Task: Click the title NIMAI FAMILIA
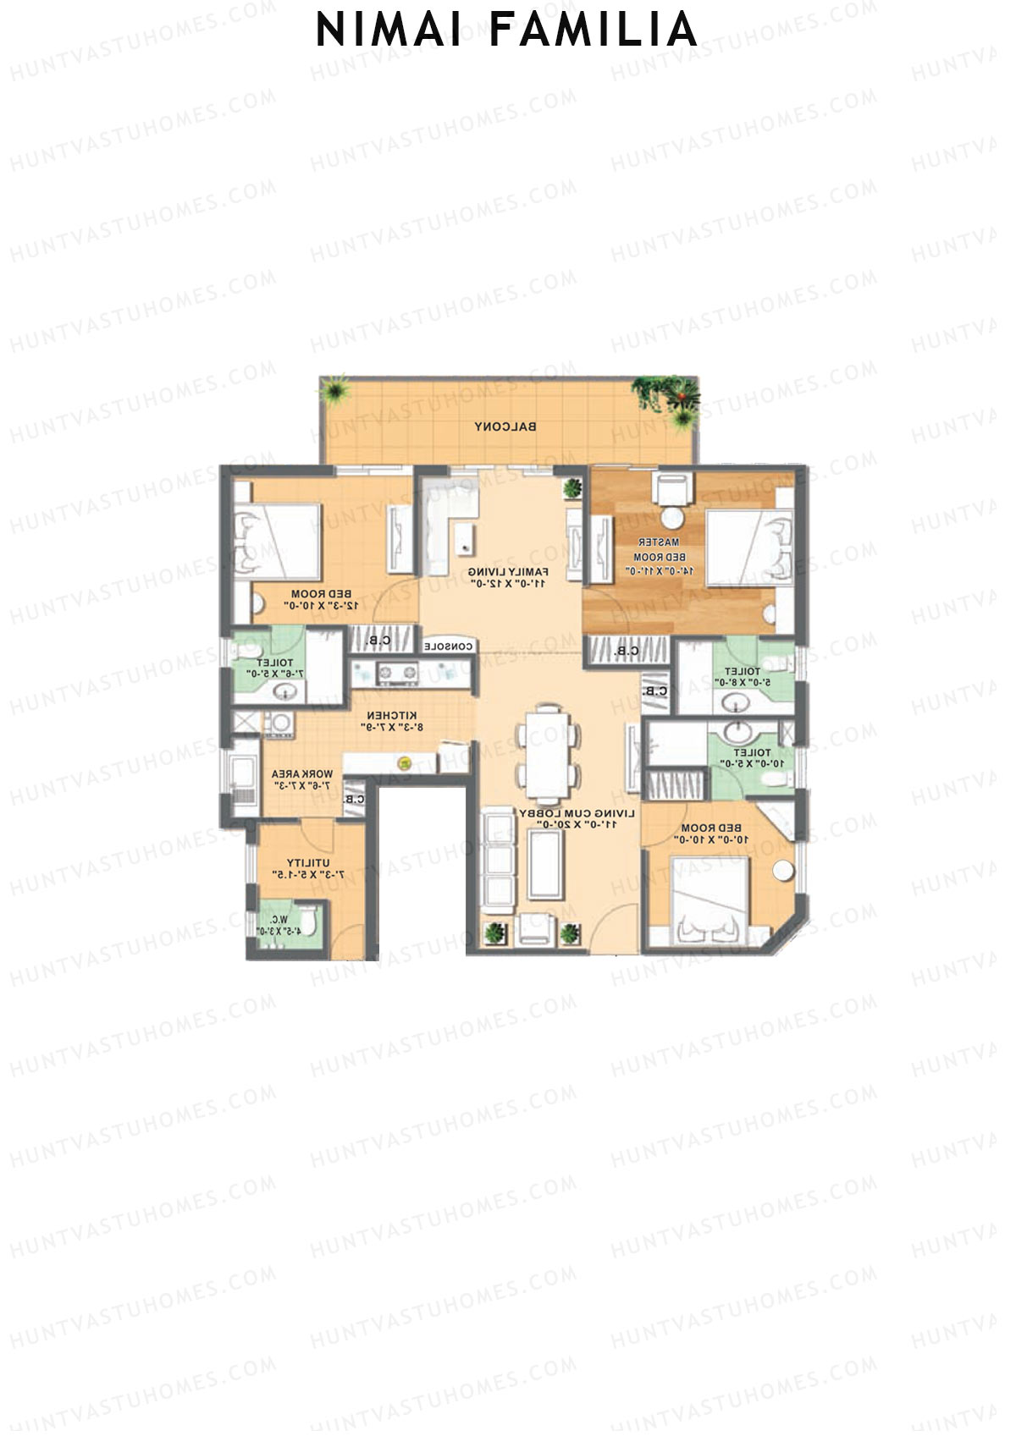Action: [x=506, y=30]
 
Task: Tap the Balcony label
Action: [x=505, y=427]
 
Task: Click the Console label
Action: [x=448, y=646]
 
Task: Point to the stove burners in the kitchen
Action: [x=397, y=674]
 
